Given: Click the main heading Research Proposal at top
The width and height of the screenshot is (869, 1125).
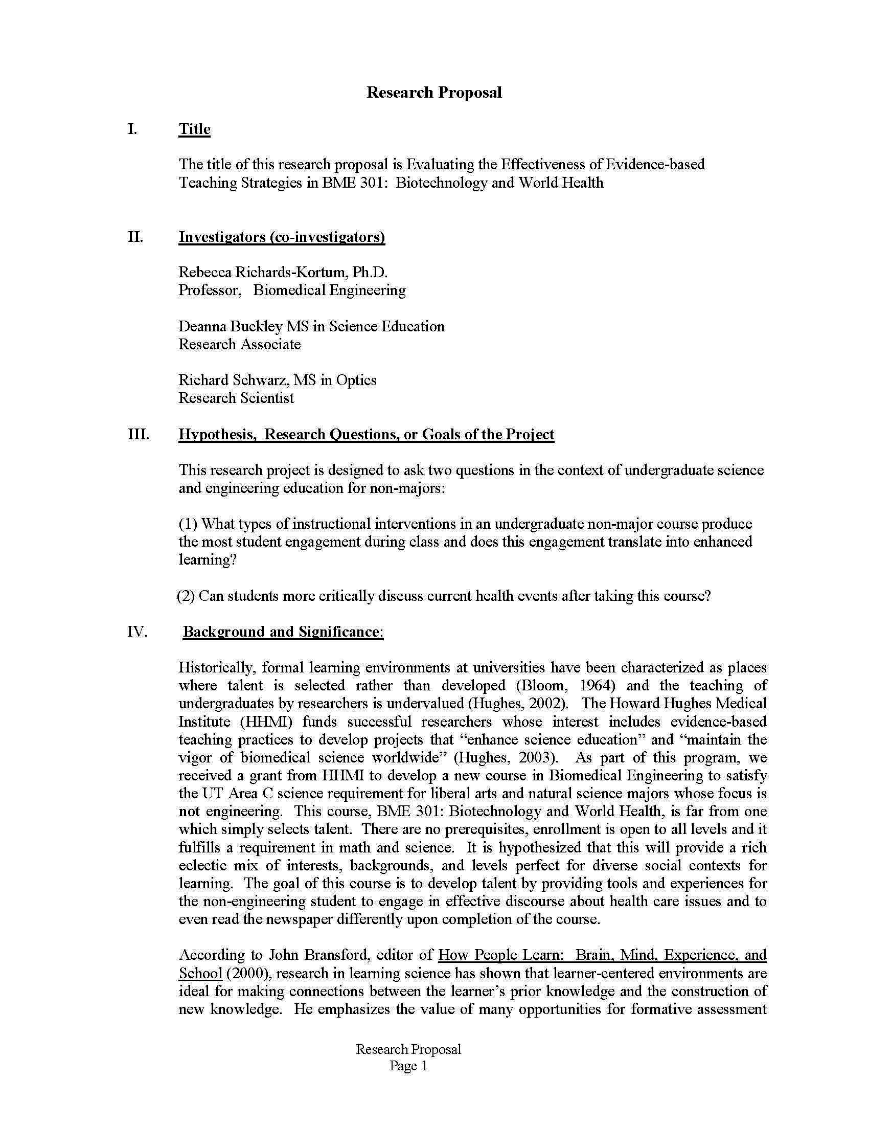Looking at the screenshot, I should pos(433,93).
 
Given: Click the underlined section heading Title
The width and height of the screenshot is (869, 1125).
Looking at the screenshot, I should pos(194,129).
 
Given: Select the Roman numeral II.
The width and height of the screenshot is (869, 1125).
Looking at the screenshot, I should pos(135,237).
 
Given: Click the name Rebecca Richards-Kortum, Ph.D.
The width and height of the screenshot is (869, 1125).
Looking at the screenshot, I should pos(283,272).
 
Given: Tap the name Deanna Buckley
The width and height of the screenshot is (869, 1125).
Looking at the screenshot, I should pos(230,326).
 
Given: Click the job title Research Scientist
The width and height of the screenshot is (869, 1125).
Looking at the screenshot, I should pos(236,398).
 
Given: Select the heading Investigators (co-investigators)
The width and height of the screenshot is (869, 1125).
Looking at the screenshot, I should pos(282,237).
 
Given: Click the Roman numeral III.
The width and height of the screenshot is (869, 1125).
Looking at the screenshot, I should pos(138,434).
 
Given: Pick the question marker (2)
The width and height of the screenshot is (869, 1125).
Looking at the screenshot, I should pos(186,596).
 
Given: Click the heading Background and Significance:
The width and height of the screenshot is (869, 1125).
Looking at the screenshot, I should pos(283,632).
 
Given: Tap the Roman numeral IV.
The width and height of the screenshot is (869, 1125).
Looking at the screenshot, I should pos(137,632).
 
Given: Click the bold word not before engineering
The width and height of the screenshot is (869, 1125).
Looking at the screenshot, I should pos(189,812).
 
